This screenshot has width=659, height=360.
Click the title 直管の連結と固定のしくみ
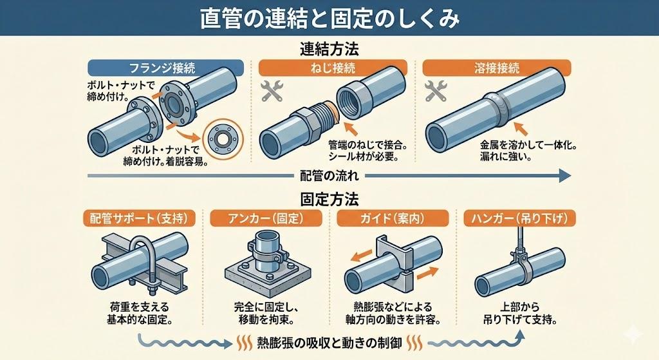(x=329, y=19)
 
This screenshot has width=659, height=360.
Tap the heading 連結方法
(x=329, y=49)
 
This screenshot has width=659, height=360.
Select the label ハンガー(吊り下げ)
(x=519, y=218)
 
